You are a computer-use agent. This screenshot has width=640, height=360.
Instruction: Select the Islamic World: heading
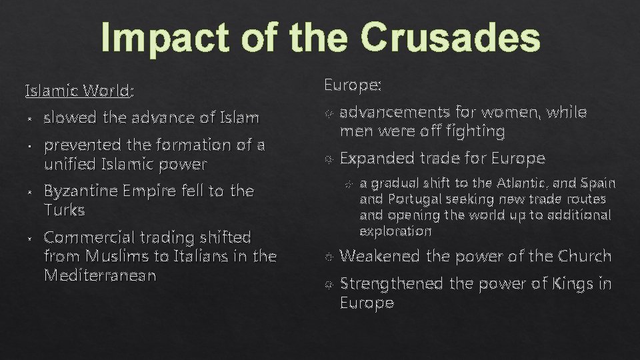pos(79,89)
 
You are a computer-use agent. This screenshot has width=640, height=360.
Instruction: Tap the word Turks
pos(64,210)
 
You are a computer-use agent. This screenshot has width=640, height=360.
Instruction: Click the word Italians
pos(215,256)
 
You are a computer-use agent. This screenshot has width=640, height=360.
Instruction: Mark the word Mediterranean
pos(99,275)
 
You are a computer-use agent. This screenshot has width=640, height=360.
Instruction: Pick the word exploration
pos(395,231)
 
